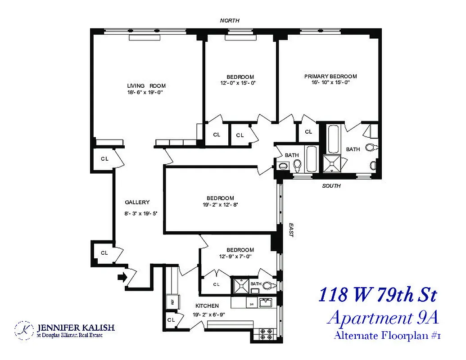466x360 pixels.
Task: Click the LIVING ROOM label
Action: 146,86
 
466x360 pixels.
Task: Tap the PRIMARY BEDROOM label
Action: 330,76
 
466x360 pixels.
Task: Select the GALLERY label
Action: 137,202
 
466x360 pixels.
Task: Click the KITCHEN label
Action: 207,306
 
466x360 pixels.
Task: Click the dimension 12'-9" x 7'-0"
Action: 235,256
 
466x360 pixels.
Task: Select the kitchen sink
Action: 266,303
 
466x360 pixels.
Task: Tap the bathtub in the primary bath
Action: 334,139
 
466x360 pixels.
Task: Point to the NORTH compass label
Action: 230,21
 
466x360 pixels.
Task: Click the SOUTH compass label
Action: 331,186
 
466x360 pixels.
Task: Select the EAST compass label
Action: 291,231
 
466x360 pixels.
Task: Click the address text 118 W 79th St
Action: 377,296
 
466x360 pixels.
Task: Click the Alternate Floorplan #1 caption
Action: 386,336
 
